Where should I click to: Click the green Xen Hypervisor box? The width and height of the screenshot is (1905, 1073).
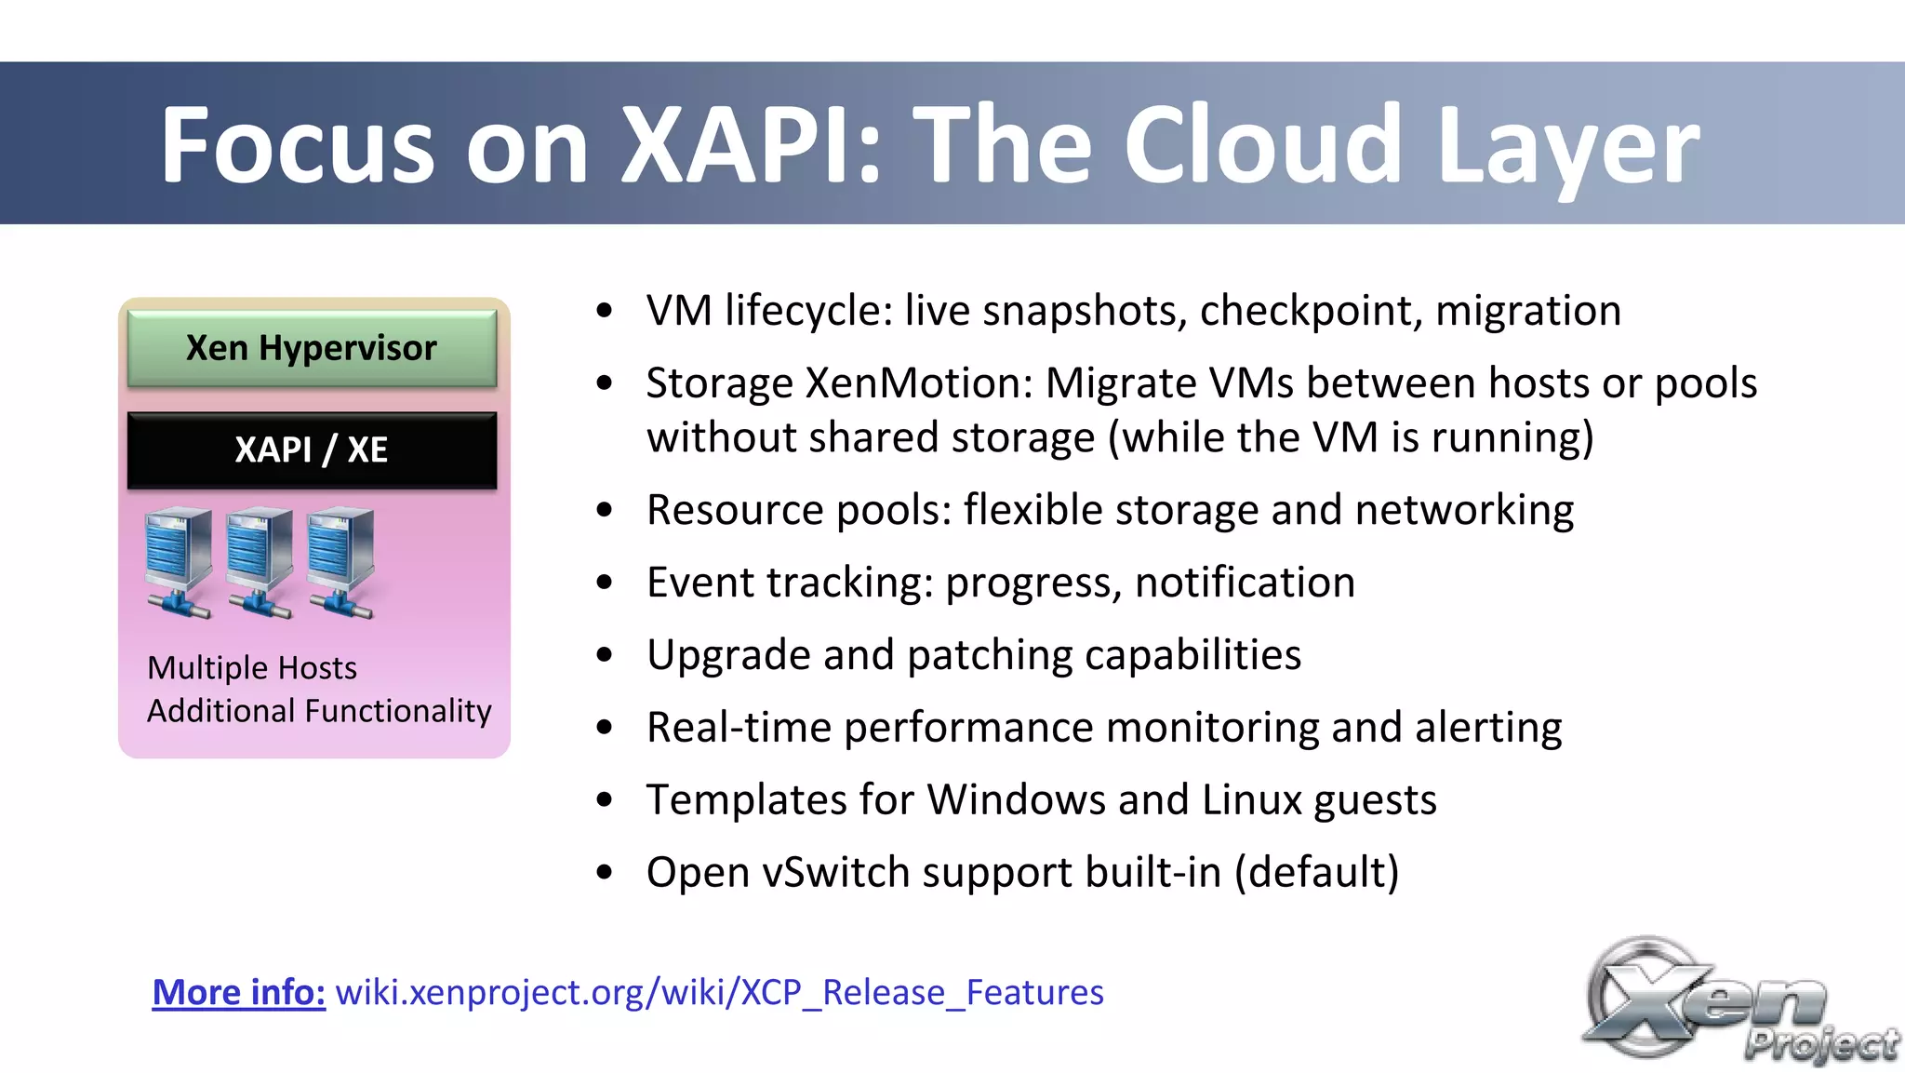(312, 348)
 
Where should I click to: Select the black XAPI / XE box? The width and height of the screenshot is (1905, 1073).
(312, 450)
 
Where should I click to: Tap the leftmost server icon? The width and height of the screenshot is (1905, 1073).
(179, 561)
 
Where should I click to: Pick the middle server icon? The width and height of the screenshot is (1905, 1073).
(260, 561)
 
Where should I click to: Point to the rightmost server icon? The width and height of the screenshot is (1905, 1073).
(341, 561)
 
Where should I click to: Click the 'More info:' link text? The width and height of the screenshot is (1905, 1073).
(239, 992)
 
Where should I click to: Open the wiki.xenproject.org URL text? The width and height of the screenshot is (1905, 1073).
(719, 992)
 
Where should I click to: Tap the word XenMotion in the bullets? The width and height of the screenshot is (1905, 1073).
(919, 383)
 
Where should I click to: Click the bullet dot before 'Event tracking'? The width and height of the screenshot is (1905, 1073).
(606, 583)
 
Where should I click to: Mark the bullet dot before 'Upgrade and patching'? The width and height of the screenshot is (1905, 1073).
(606, 656)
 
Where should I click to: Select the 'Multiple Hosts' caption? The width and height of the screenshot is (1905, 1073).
(251, 668)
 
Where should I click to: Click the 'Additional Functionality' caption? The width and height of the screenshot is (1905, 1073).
(319, 711)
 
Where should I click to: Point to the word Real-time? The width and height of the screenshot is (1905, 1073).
(739, 728)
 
